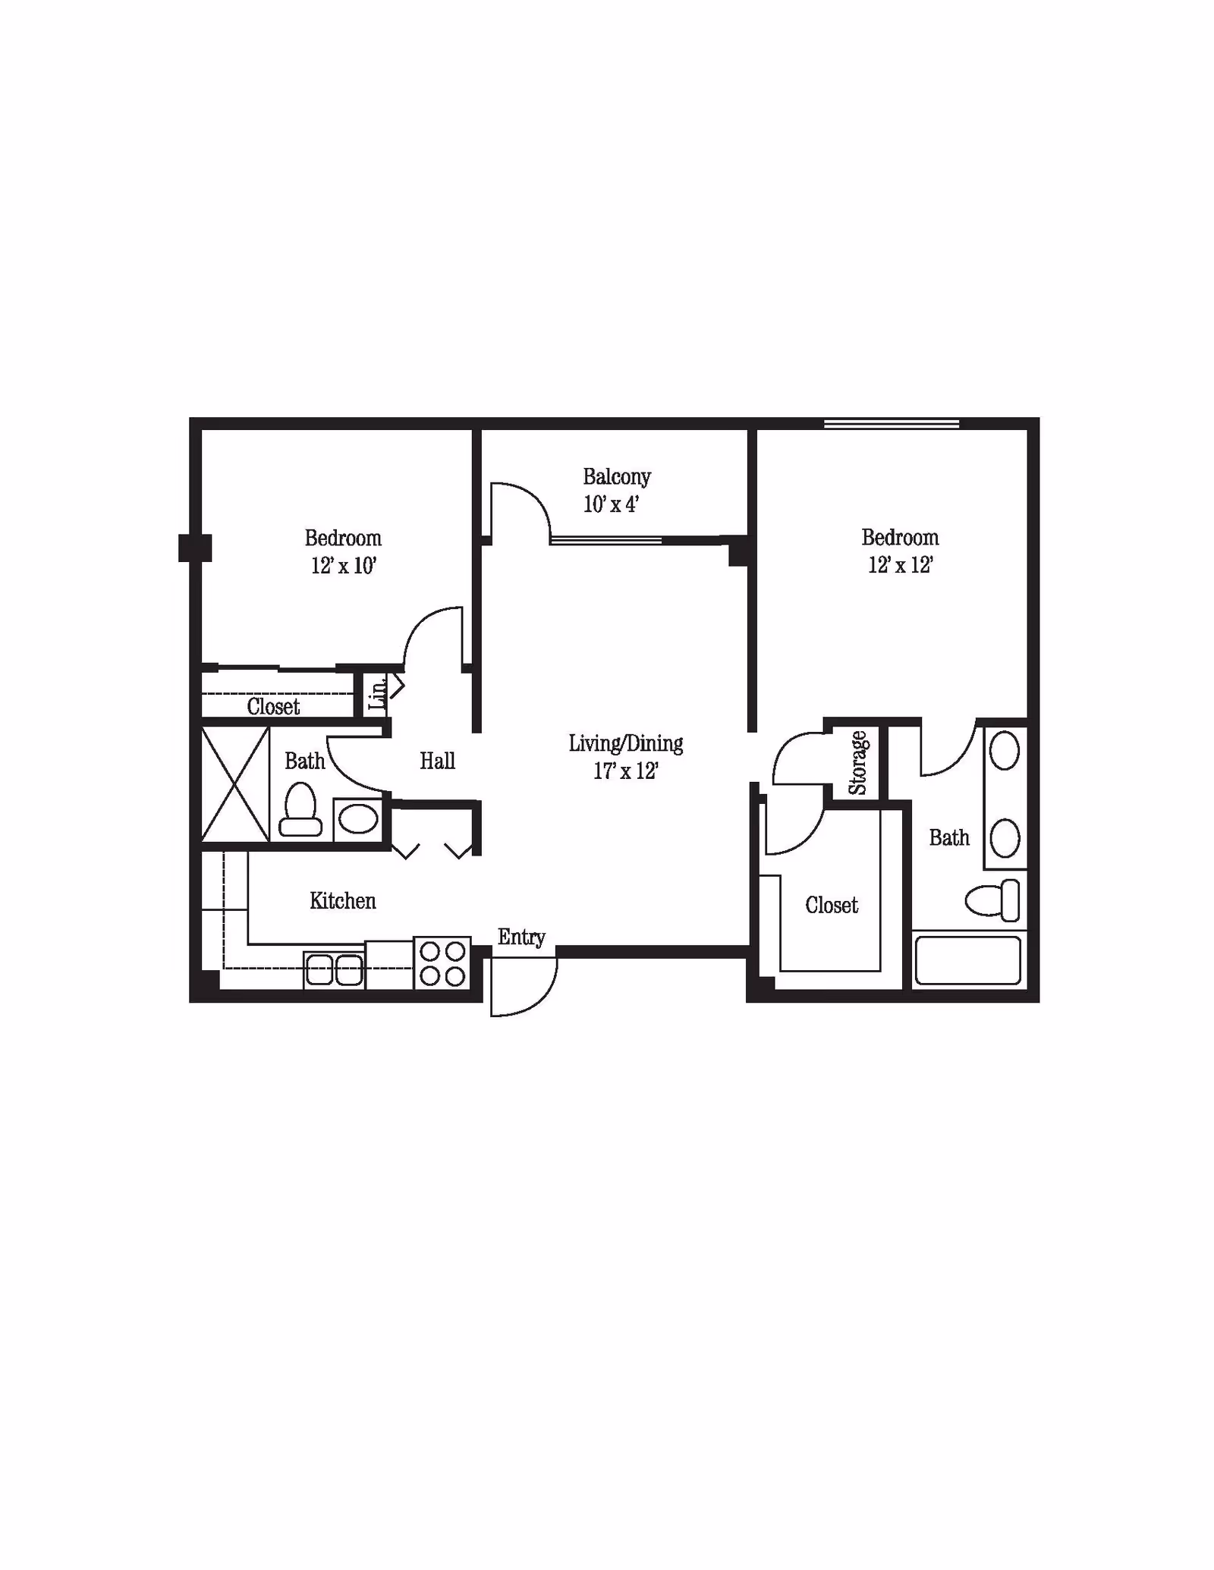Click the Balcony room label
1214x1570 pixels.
click(616, 477)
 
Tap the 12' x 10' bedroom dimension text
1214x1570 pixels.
click(343, 566)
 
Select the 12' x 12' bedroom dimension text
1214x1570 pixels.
click(900, 565)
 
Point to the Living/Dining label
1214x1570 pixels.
click(625, 743)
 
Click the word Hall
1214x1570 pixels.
click(437, 761)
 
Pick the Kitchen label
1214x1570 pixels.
click(342, 901)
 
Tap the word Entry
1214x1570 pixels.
click(521, 937)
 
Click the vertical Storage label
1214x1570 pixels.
click(857, 762)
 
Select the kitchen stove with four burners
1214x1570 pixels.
click(442, 963)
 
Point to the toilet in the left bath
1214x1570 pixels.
click(300, 810)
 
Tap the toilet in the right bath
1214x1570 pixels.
click(993, 901)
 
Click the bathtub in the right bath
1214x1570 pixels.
click(967, 960)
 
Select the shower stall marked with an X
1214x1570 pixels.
click(235, 783)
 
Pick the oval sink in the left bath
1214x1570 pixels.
click(357, 819)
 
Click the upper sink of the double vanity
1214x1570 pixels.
click(1005, 751)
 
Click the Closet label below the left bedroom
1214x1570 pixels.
click(273, 707)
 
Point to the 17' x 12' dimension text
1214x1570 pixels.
click(625, 771)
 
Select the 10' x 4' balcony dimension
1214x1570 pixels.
click(611, 504)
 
